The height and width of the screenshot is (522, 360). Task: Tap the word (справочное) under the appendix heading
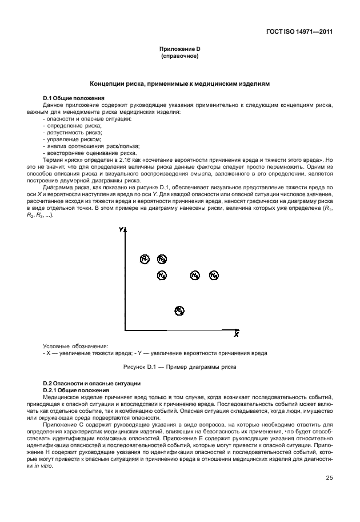click(x=180, y=58)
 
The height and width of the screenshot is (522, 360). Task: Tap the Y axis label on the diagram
click(x=122, y=229)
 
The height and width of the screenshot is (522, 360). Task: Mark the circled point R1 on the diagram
click(x=145, y=260)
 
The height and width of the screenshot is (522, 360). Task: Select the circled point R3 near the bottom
click(x=179, y=311)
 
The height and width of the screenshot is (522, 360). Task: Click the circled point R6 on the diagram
click(x=214, y=276)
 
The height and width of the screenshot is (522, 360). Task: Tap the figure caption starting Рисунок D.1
click(x=180, y=366)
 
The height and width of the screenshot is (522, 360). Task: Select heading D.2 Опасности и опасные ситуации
click(x=89, y=383)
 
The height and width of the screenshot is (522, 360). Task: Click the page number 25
click(x=328, y=478)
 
